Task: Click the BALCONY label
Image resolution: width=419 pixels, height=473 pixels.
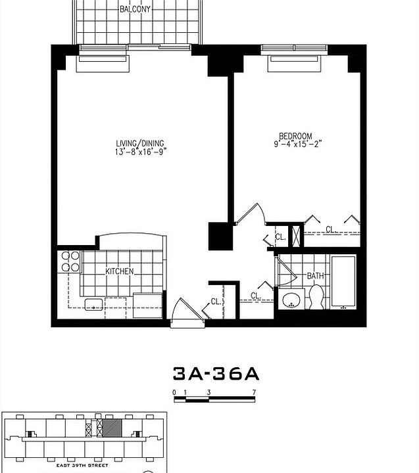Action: (136, 9)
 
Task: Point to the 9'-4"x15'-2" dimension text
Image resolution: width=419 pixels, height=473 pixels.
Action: (297, 145)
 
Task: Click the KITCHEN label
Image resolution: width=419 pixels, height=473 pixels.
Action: (119, 271)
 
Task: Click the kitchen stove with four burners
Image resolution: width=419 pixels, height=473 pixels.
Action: (69, 261)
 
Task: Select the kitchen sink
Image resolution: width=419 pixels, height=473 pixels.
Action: (92, 304)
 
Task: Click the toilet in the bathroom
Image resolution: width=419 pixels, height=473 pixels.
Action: (316, 297)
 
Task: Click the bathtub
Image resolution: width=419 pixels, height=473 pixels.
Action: (343, 281)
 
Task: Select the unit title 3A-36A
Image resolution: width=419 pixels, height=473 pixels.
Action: (216, 374)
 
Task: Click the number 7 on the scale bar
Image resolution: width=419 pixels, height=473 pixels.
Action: (254, 392)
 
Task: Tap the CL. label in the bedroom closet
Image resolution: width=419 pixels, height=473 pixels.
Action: (332, 229)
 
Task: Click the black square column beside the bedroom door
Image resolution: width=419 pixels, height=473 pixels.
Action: (218, 236)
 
